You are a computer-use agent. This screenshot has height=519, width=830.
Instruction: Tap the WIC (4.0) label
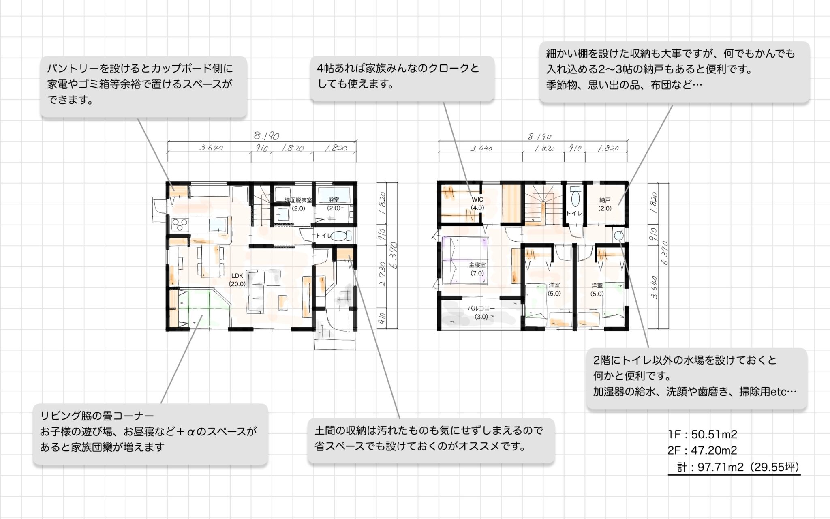[x=477, y=204]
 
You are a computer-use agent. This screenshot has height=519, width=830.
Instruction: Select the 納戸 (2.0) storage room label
[x=605, y=204]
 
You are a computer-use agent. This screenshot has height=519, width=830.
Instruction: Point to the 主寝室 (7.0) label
[x=477, y=269]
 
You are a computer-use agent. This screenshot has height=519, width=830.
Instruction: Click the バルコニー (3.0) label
[x=481, y=312]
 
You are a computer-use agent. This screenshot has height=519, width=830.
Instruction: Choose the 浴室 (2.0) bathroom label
[x=334, y=204]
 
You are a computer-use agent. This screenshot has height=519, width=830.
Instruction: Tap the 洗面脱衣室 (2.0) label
[x=298, y=204]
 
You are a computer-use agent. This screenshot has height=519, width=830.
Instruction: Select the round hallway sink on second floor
[x=618, y=235]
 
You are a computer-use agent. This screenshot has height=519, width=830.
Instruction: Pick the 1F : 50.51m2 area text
[x=702, y=434]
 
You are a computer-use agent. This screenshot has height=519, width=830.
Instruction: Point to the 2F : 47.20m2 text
[x=702, y=450]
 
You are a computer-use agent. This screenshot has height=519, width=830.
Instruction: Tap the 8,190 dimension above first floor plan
[x=266, y=136]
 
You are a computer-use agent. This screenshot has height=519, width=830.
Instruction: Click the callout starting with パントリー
[x=143, y=86]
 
